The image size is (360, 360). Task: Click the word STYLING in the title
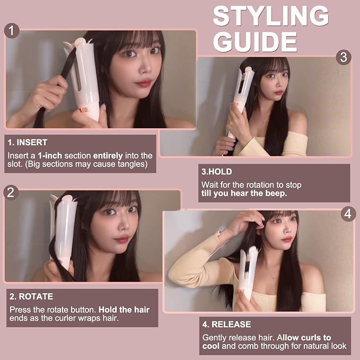tap(271, 16)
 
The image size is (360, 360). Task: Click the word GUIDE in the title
tap(256, 42)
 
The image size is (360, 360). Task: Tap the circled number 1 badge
tap(12, 31)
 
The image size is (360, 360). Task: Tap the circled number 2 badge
tap(11, 192)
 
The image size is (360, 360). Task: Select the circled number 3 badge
tap(344, 57)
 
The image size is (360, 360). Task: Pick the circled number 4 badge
tap(348, 214)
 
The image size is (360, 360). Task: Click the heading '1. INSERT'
tap(28, 142)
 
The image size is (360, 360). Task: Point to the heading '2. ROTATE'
tap(31, 296)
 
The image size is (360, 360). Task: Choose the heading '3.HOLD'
tap(217, 172)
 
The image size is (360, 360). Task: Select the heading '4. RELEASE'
tap(226, 324)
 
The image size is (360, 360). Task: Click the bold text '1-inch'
tap(50, 156)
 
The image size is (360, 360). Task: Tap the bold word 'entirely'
tap(108, 156)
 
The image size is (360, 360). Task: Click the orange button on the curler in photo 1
tap(84, 110)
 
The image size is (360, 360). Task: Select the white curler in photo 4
tap(247, 273)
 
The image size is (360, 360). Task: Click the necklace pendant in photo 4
tap(273, 278)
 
